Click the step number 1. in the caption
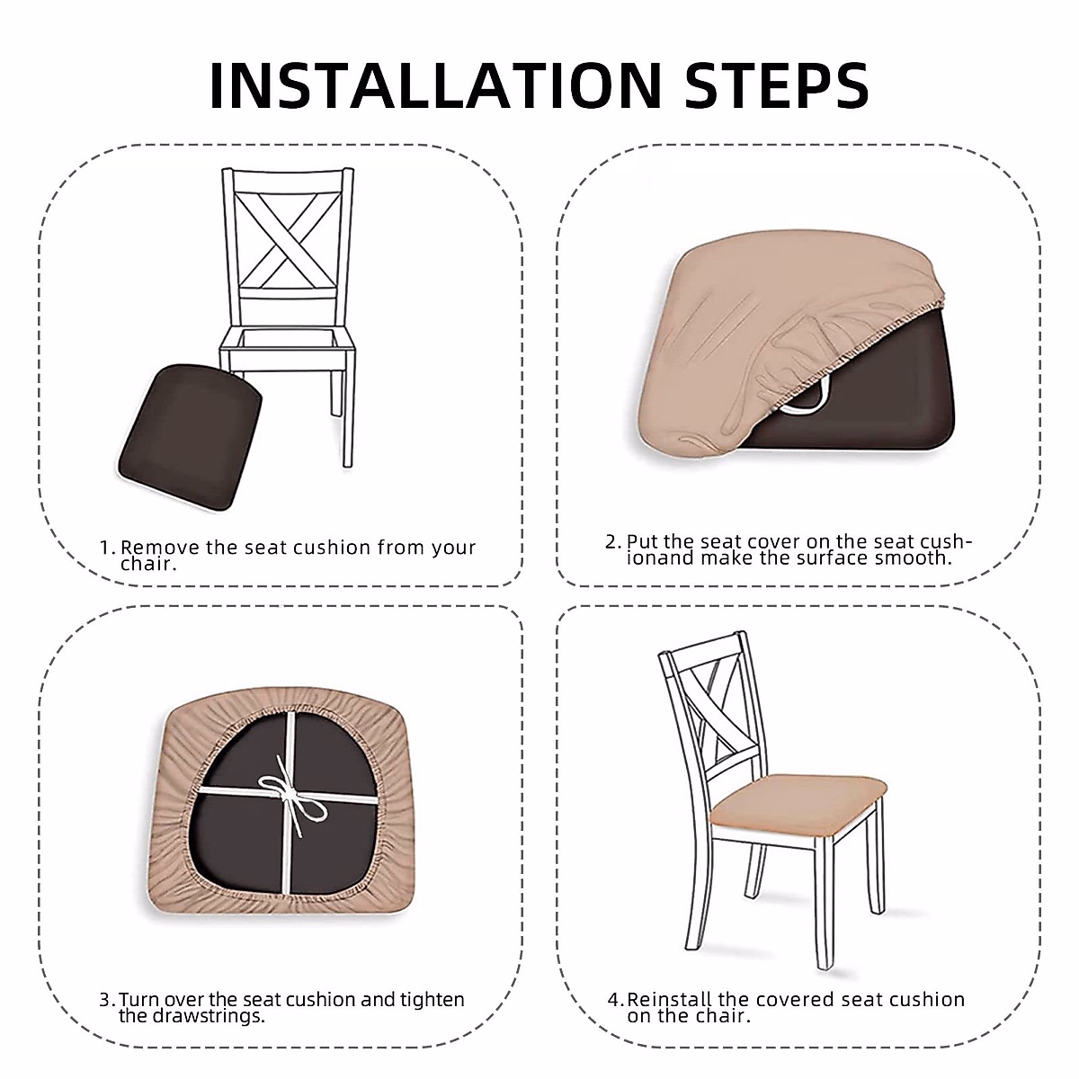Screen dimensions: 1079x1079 [x=108, y=548]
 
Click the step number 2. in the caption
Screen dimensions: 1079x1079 [x=613, y=542]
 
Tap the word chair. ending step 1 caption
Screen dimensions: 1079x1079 [x=148, y=565]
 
